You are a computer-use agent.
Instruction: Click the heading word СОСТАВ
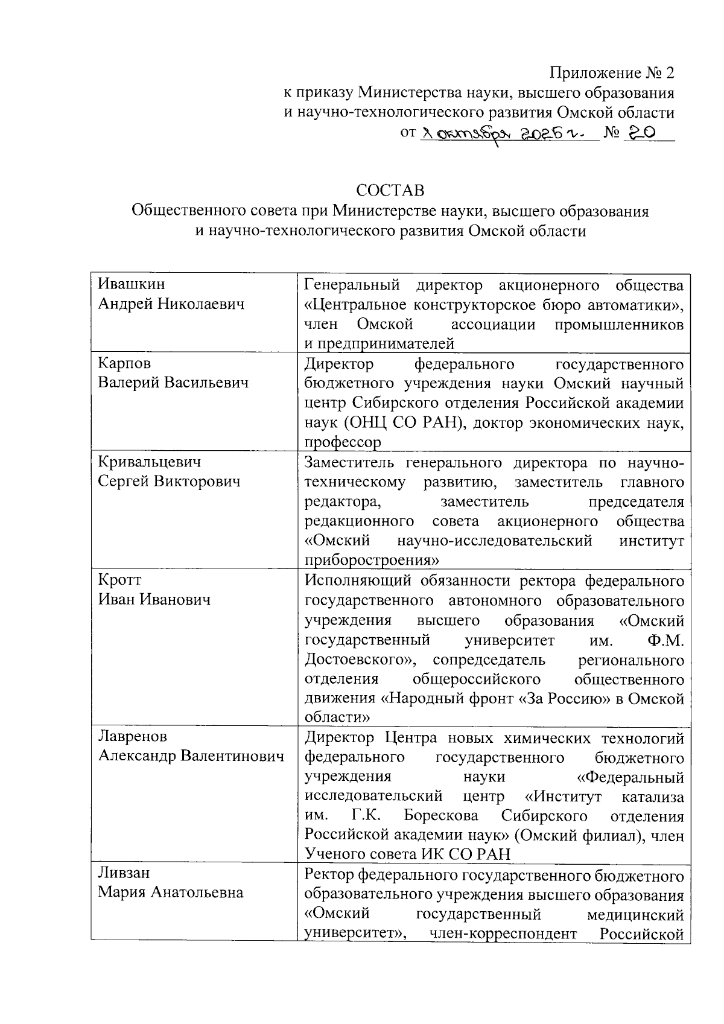click(390, 191)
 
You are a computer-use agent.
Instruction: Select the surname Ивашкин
click(132, 284)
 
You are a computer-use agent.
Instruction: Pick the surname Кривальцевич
click(150, 462)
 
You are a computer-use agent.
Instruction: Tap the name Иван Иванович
click(154, 599)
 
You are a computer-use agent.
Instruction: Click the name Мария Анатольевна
click(171, 892)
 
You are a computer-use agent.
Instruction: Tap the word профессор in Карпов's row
click(343, 442)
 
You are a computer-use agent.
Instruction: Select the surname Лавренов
click(133, 737)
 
